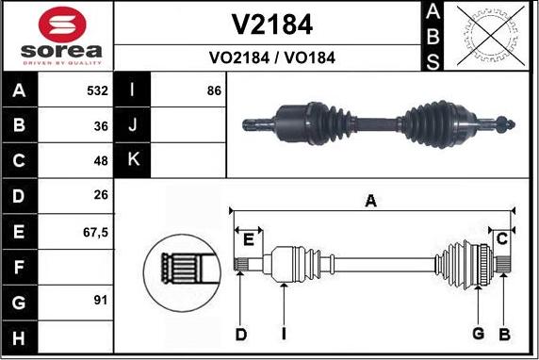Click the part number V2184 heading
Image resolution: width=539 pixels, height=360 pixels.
pos(271,24)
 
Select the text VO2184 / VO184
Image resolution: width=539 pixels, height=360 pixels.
pos(271,57)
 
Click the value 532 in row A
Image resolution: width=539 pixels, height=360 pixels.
pos(97,91)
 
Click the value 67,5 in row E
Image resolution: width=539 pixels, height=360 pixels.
pos(96,230)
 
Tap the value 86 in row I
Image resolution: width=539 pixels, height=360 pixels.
pos(213,91)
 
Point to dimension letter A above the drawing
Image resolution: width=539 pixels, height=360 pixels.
pos(371,200)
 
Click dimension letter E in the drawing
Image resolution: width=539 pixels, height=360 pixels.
pos(248,239)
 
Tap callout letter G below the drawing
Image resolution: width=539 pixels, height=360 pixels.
pos(478,334)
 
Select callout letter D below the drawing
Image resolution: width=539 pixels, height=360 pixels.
pos(241,334)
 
